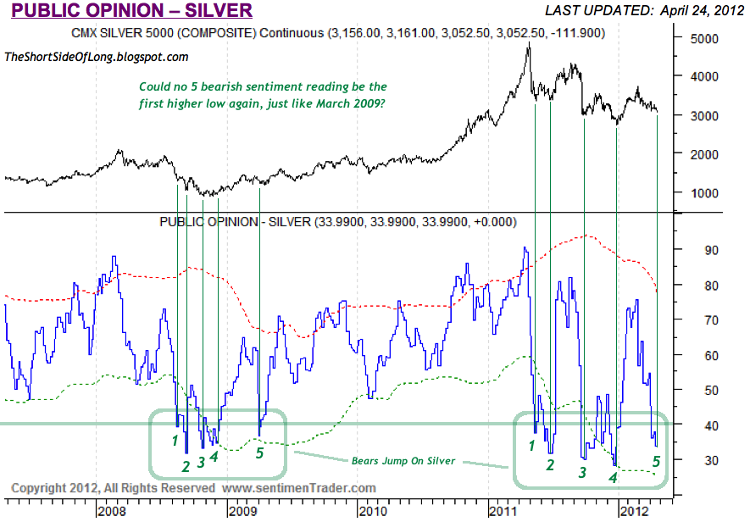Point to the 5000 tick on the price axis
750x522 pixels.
coord(703,39)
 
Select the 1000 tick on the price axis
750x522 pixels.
coord(703,192)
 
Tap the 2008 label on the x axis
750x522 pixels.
coord(112,512)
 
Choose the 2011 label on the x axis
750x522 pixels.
coord(503,512)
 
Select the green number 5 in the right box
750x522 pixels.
coord(656,461)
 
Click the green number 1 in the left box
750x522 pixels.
coord(175,440)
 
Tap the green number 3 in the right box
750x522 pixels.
coord(582,473)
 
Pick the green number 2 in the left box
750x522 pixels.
coord(186,465)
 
